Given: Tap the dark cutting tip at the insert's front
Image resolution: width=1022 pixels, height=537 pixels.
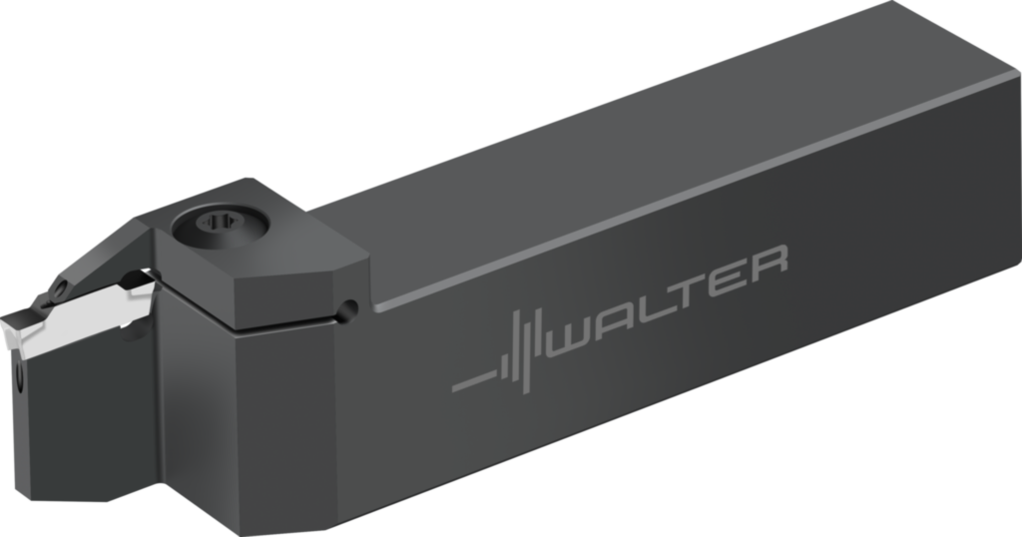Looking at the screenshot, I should [22, 329].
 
